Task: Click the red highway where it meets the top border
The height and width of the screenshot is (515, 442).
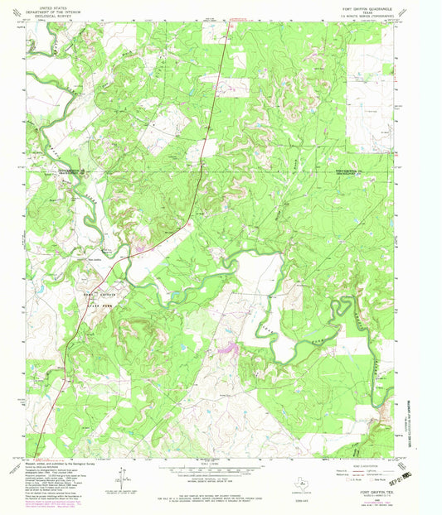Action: [x=229, y=22]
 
